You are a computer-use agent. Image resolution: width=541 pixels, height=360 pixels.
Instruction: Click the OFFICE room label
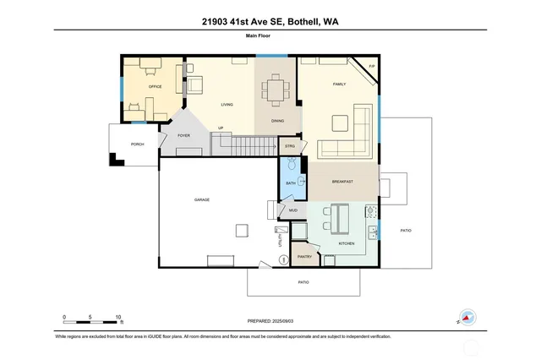tap(155, 87)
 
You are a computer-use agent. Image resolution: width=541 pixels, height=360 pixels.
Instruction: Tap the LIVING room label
tap(227, 105)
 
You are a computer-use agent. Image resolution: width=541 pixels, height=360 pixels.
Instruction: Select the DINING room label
tap(277, 121)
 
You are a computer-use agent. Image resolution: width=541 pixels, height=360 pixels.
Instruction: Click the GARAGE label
tap(202, 199)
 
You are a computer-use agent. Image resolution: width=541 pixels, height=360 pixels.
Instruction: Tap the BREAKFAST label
tap(342, 182)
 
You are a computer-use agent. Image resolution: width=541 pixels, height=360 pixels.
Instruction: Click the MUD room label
tap(293, 210)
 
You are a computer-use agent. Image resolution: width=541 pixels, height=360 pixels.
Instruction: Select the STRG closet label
tap(289, 146)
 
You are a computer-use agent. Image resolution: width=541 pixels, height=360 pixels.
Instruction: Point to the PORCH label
tap(137, 145)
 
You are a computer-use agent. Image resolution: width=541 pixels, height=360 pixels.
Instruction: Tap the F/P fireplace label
tap(371, 66)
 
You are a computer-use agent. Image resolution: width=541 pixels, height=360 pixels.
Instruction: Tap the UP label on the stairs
tap(221, 128)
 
